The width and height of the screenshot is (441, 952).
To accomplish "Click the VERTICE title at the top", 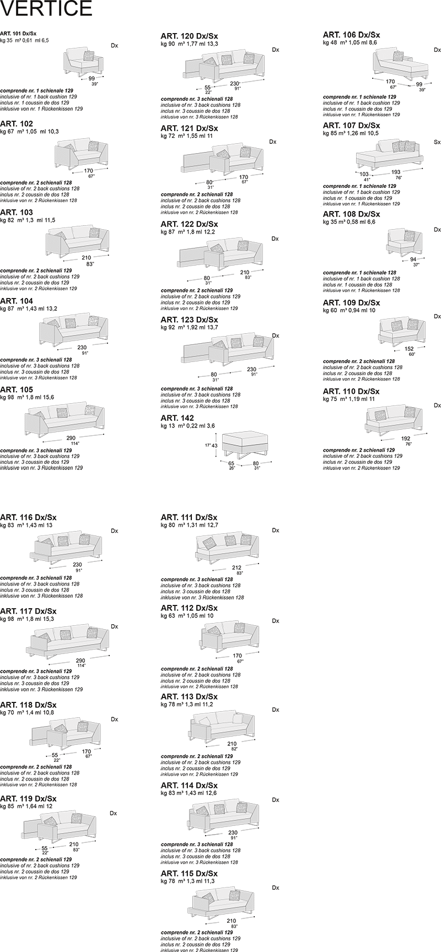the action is coord(46,9).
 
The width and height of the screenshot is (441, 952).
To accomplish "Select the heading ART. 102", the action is coord(17,123).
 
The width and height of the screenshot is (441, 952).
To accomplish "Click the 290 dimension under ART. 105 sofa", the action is coord(71,439).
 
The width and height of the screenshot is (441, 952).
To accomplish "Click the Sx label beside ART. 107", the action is coord(437,142).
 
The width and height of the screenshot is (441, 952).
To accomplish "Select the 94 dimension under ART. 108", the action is coord(413,259).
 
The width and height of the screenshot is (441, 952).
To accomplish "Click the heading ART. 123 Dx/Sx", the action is coord(189,320).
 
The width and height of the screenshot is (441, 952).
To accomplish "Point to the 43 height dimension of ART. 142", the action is coord(215,445).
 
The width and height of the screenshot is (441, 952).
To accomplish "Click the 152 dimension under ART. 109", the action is coord(410,349).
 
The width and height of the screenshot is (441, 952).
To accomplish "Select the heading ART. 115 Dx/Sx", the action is coord(189,874).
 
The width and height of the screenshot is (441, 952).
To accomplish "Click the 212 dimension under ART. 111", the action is coord(237,567).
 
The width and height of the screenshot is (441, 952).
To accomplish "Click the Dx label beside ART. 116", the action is coord(115,531).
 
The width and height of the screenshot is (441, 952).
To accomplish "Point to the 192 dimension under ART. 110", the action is coord(406,439).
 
